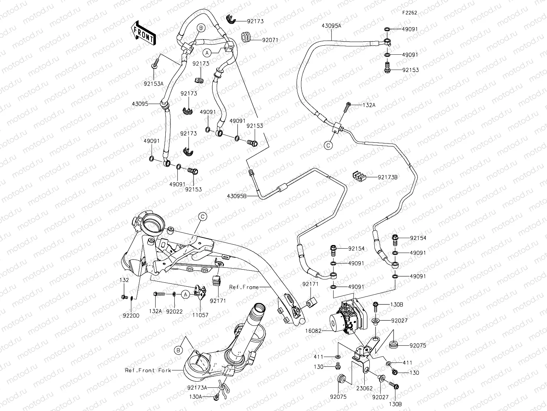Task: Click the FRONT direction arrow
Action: (144, 33)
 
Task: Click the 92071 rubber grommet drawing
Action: (247, 37)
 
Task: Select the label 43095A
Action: (331, 26)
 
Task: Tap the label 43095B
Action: (237, 196)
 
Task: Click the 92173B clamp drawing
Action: (360, 177)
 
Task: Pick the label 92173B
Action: (387, 177)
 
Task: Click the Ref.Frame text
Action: (244, 287)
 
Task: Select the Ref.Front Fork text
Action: (145, 370)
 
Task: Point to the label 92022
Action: (174, 311)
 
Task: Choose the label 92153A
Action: (153, 84)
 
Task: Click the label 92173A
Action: (197, 387)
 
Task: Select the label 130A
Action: (195, 397)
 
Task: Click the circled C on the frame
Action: (203, 217)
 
